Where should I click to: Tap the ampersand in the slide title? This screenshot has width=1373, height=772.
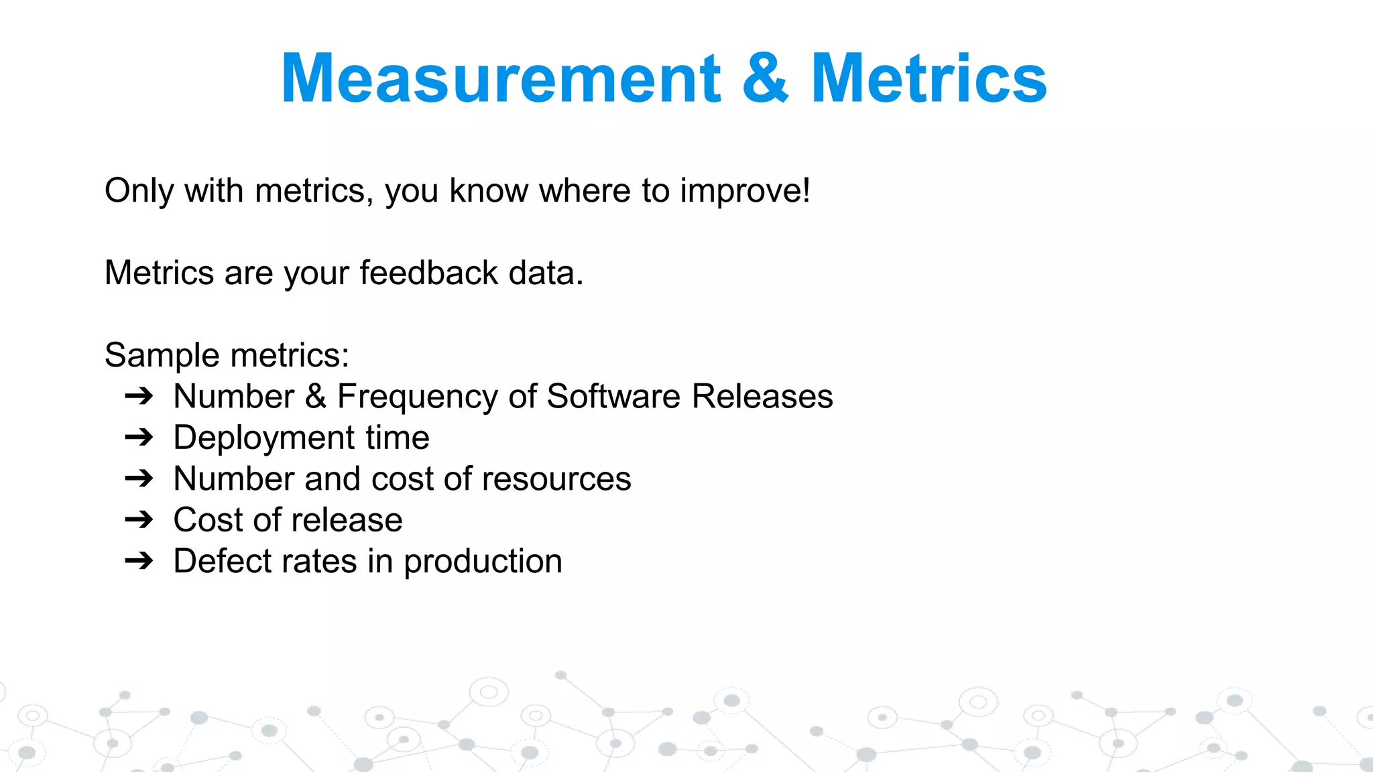pyautogui.click(x=765, y=79)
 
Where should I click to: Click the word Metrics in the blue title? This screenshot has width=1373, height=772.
pyautogui.click(x=929, y=79)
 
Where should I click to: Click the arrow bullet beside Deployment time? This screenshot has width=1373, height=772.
pyautogui.click(x=139, y=438)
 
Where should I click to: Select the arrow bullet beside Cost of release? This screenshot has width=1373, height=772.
pyautogui.click(x=139, y=520)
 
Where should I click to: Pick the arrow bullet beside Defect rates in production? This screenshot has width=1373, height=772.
pyautogui.click(x=139, y=561)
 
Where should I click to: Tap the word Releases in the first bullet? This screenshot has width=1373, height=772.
pyautogui.click(x=762, y=396)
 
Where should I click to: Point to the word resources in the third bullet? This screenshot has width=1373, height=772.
pyautogui.click(x=556, y=479)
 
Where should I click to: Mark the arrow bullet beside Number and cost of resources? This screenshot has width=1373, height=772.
pyautogui.click(x=139, y=478)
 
